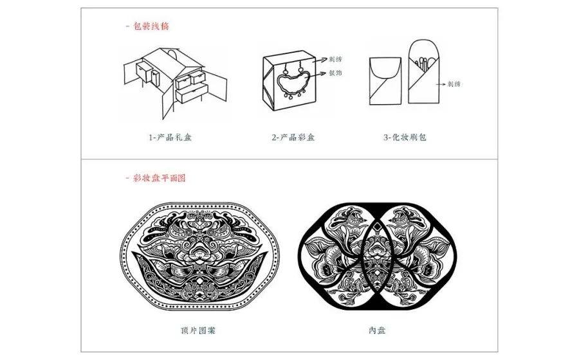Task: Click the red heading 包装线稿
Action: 152,26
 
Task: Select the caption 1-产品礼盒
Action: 170,137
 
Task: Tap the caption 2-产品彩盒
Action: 293,137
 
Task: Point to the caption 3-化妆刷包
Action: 405,137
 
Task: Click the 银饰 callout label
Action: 335,73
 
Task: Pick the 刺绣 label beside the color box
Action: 335,58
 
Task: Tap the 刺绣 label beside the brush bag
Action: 456,84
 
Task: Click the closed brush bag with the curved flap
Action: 385,80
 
